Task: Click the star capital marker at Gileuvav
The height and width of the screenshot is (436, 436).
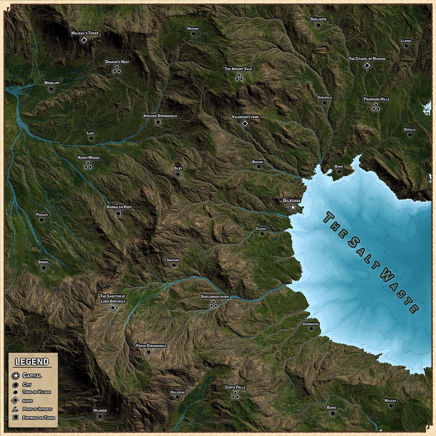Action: click(293, 207)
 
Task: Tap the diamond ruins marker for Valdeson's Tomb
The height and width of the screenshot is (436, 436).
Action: click(245, 124)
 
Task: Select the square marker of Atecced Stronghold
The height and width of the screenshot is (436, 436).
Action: click(158, 122)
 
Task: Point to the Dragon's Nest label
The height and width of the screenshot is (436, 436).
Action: click(117, 62)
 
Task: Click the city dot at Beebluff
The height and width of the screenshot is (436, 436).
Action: click(51, 89)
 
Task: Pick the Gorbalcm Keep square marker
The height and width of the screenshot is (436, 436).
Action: click(118, 213)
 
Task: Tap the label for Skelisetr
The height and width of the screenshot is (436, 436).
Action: click(319, 19)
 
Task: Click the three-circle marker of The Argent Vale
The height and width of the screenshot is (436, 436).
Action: click(239, 77)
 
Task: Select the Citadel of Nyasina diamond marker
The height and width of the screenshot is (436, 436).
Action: click(367, 66)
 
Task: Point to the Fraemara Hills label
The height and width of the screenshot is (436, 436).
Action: click(377, 99)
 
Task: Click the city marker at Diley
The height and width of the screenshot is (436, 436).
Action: click(178, 174)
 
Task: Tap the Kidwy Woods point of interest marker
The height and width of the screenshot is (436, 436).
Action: click(88, 165)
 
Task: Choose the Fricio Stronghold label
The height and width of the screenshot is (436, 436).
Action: click(151, 346)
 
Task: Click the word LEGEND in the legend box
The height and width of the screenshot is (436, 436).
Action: click(32, 362)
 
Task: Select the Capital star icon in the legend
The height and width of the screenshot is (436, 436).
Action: click(16, 376)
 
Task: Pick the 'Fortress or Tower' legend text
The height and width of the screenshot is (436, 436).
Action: click(39, 418)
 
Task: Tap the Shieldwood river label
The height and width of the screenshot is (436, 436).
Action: click(215, 296)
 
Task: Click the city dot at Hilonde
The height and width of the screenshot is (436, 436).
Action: click(100, 416)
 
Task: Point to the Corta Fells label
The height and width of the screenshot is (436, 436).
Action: click(236, 387)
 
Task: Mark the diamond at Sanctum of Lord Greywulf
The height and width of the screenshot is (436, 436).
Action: click(113, 307)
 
